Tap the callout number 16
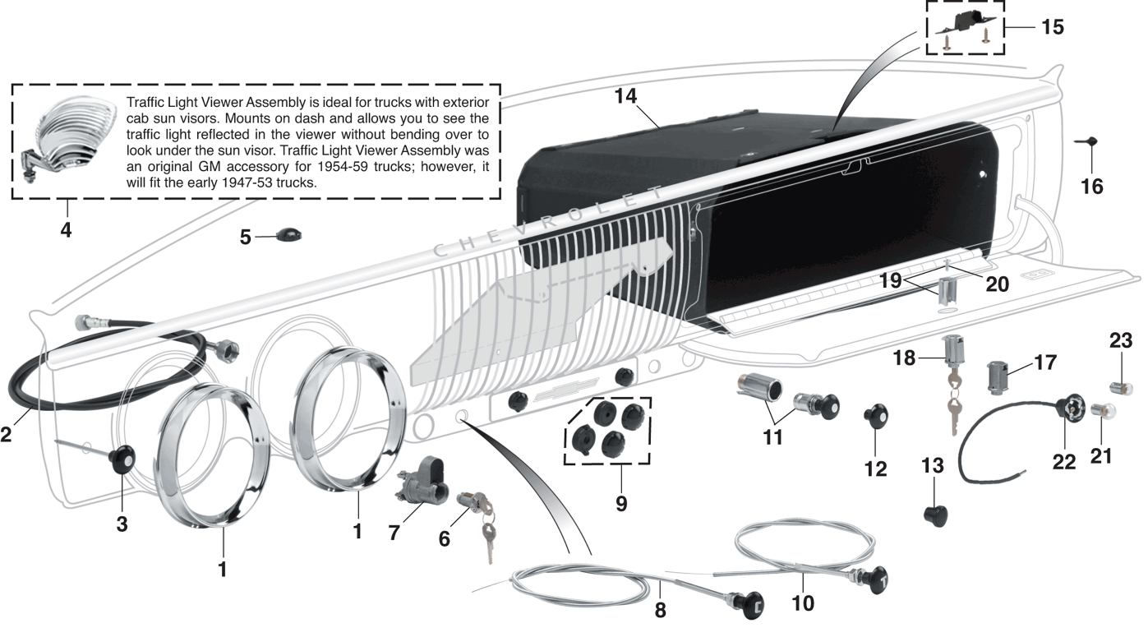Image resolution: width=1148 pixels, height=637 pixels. [1091, 187]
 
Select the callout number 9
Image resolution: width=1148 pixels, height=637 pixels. [620, 502]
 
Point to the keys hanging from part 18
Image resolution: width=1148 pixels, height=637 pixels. [952, 407]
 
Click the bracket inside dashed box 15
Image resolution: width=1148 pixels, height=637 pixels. [966, 25]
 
